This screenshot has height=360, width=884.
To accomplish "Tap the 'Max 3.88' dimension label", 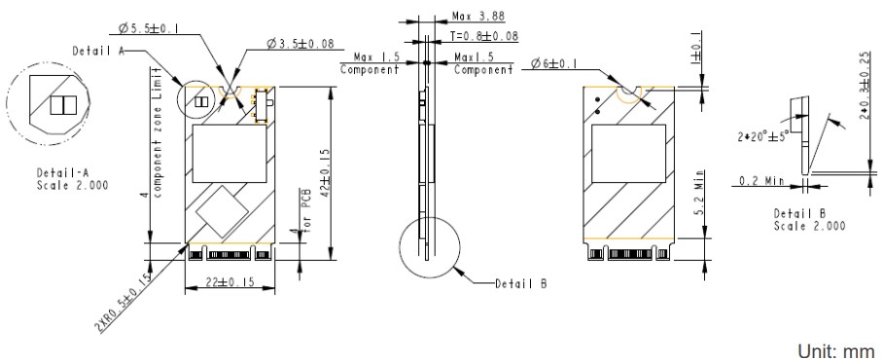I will [x=478, y=17].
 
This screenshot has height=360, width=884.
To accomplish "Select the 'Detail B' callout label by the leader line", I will [x=516, y=284].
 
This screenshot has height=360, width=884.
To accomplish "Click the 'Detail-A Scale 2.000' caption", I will [x=59, y=178].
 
